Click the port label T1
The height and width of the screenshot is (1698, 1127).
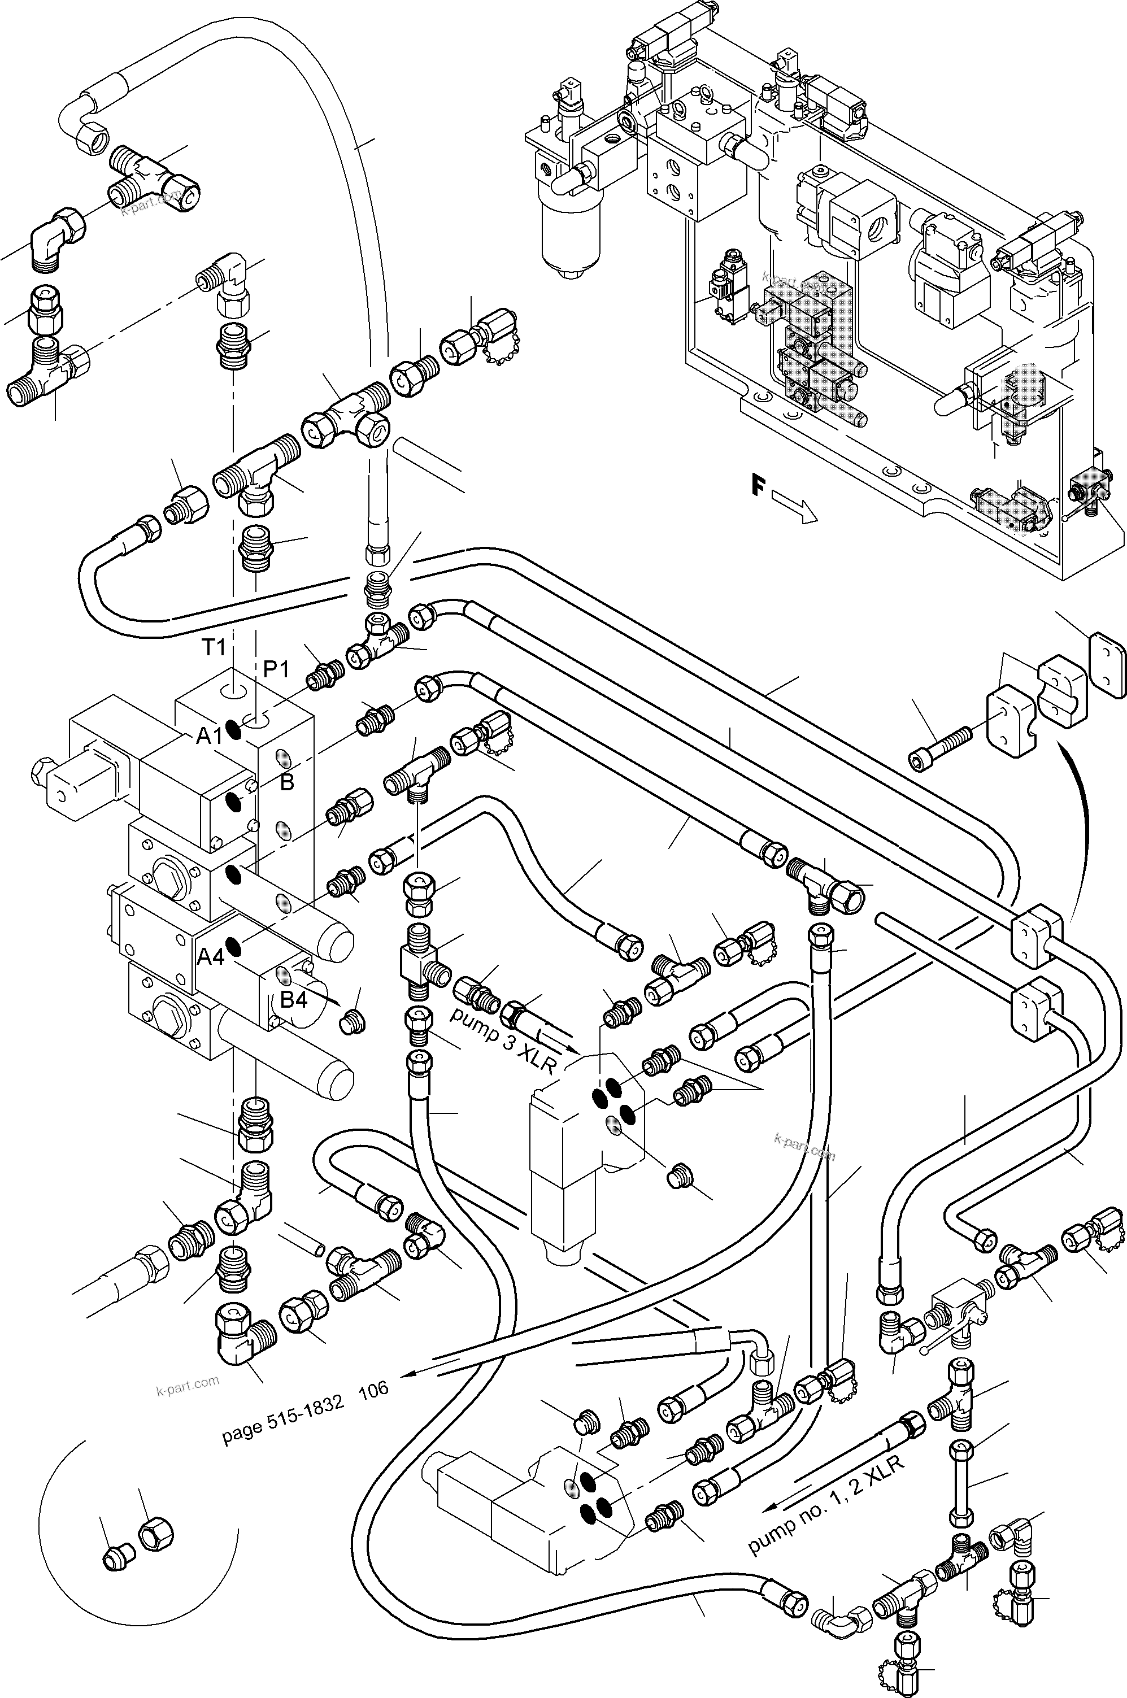[x=214, y=647]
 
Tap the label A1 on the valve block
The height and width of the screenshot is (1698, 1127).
[x=209, y=736]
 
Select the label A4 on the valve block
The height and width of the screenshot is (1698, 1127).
[x=211, y=956]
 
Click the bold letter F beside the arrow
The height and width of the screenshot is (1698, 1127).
[x=758, y=486]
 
